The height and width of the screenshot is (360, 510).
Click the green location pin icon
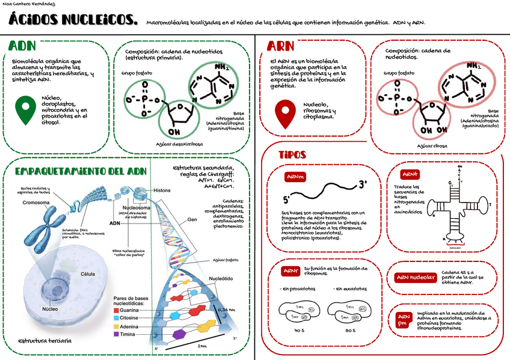(x=25, y=109)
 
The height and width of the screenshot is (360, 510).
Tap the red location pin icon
(x=284, y=113)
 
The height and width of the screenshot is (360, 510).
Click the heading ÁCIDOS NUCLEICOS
(x=73, y=22)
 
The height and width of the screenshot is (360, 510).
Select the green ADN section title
(x=23, y=46)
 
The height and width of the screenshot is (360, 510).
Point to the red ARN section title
(x=280, y=46)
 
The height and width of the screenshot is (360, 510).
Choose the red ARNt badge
(x=410, y=174)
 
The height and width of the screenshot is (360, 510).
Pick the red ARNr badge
(x=291, y=271)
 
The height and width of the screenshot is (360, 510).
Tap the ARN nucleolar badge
(x=415, y=278)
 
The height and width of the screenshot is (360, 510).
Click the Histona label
(x=162, y=190)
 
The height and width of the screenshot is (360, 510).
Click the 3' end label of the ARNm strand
(x=363, y=184)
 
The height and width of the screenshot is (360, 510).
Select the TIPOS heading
(x=292, y=155)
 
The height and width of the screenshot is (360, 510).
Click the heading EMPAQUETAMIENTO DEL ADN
(x=80, y=171)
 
